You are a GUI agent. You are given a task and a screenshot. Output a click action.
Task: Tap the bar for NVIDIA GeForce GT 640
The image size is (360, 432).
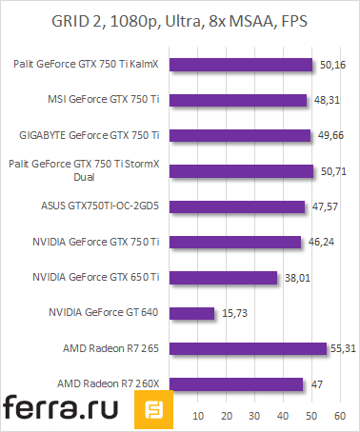pyautogui.click(x=200, y=313)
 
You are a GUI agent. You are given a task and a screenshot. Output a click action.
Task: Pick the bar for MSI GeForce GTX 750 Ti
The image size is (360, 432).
pyautogui.click(x=247, y=100)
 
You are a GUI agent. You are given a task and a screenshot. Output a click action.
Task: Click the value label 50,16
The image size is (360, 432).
pyautogui.click(x=331, y=66)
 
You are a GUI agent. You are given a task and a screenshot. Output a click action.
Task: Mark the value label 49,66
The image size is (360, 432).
pyautogui.click(x=329, y=136)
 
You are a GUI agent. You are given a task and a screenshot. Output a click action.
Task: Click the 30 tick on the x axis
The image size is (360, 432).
pyautogui.click(x=254, y=416)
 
